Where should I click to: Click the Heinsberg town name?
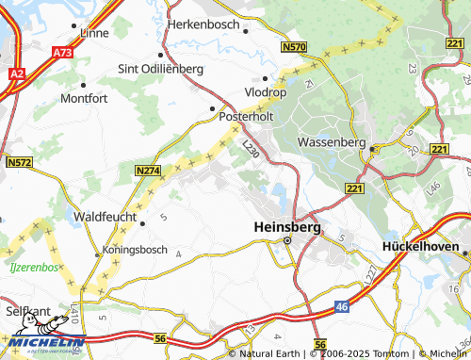tap(288, 227)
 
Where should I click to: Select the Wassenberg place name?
tap(330, 141)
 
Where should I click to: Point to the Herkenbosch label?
tap(205, 25)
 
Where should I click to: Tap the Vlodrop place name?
tap(267, 93)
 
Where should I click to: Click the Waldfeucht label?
tap(105, 216)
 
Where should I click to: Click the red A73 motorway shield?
tap(62, 54)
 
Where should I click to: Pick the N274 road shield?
tap(147, 171)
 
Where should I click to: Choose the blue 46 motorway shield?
tap(344, 306)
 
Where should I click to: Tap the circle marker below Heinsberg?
tap(288, 241)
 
